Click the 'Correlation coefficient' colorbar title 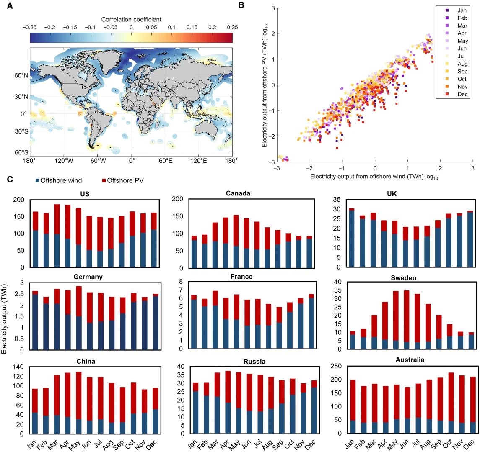point(131,19)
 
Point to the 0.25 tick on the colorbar point(231,27)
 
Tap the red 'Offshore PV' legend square point(103,180)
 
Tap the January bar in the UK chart point(339,238)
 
